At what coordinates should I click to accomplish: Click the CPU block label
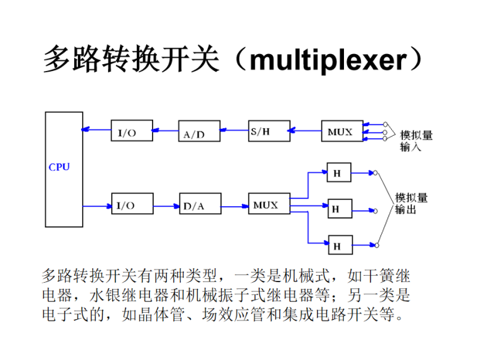pyautogui.click(x=59, y=167)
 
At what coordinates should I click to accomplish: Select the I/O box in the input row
pyautogui.click(x=131, y=131)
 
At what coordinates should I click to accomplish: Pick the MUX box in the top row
pyautogui.click(x=341, y=131)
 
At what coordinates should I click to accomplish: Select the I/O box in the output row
pyautogui.click(x=131, y=204)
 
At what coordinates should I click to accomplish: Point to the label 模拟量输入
pyautogui.click(x=416, y=141)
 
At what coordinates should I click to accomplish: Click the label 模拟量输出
pyautogui.click(x=411, y=204)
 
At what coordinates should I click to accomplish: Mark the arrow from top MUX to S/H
pyautogui.click(x=304, y=131)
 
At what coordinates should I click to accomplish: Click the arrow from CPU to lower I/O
pyautogui.click(x=97, y=204)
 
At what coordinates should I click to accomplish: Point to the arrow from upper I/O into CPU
pyautogui.click(x=97, y=130)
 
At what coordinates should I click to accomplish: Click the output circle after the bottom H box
pyautogui.click(x=377, y=245)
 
